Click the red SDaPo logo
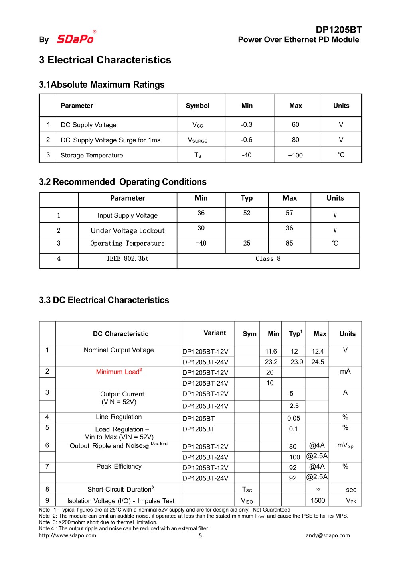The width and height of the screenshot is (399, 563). coord(75,39)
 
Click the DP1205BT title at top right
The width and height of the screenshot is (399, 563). coord(338,30)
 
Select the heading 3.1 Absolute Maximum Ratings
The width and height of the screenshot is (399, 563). coord(102,85)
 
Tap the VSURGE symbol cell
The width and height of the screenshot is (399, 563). coord(198,140)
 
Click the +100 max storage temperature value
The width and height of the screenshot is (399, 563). coord(295,155)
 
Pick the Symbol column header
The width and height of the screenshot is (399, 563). coord(198,106)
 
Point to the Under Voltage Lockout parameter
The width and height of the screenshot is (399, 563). coord(128,231)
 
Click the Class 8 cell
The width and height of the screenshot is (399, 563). coord(268,259)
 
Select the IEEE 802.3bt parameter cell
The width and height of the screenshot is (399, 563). coord(128,259)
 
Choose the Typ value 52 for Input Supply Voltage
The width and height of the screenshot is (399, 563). coord(247,213)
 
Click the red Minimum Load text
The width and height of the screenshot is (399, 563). coord(119,372)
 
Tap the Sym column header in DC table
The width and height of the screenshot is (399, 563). coord(249,334)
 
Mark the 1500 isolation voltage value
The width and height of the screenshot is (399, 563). coord(318,500)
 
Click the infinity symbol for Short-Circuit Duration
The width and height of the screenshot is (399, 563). coord(318,490)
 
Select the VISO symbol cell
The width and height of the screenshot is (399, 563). coord(247,501)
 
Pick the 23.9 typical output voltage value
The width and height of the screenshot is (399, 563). coord(296,362)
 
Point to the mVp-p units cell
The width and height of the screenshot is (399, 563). coord(345,445)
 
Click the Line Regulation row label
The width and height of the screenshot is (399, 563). coord(119,417)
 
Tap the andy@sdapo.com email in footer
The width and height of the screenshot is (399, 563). coord(328,535)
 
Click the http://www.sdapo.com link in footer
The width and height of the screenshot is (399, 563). coord(67,535)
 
